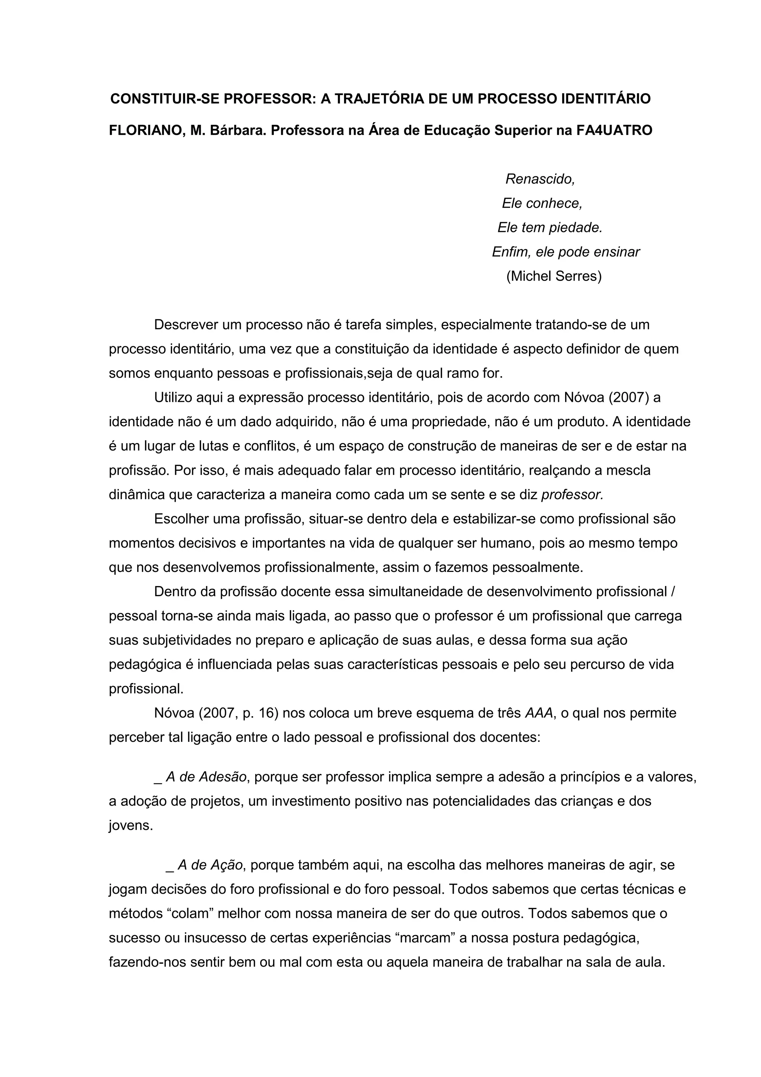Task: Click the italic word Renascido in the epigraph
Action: pyautogui.click(x=540, y=179)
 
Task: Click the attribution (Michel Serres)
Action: pyautogui.click(x=554, y=276)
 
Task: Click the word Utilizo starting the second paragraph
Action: pyautogui.click(x=172, y=397)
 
